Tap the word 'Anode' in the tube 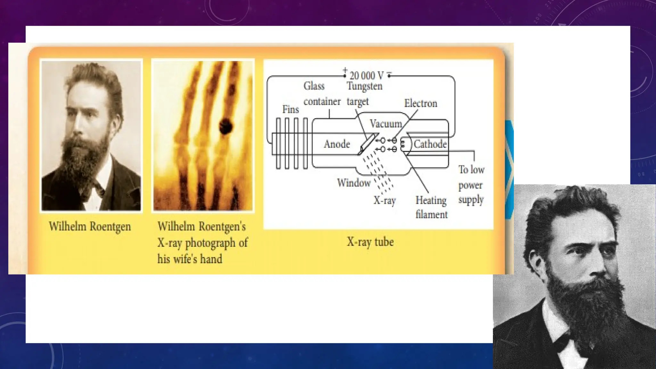point(337,144)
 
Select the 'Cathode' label point(430,144)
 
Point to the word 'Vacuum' point(386,124)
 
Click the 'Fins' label point(291,110)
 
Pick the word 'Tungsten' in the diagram point(365,86)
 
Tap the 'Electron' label point(420,103)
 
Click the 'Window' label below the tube point(354,183)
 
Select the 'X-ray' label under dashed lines point(385,201)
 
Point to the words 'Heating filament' point(431,207)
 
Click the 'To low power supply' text point(471,184)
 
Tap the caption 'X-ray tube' point(370,242)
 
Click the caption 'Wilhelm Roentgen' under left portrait point(90,226)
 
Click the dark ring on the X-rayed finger point(225,126)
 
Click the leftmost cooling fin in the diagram point(278,143)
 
